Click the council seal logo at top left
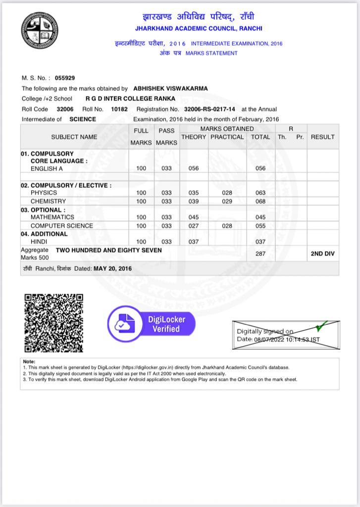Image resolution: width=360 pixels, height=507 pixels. pos(40,30)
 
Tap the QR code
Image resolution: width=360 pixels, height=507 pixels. pos(54,323)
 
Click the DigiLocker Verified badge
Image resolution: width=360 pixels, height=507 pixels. pos(152,324)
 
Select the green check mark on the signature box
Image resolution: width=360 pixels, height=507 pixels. pos(321,327)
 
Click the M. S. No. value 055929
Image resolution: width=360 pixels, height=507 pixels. pos(65,78)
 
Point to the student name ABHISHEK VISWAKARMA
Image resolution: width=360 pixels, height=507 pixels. pos(170,89)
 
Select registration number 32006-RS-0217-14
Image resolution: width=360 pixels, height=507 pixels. pos(209,109)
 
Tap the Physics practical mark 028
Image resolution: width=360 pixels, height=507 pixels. pos(227,193)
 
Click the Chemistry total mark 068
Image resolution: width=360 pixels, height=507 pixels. pos(260,202)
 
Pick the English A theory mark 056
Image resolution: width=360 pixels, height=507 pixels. pos(194,168)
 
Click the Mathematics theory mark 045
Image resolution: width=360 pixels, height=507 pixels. pos(194,217)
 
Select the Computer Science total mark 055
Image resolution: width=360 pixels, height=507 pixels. pos(260,226)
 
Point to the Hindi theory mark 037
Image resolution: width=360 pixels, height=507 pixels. pos(194,242)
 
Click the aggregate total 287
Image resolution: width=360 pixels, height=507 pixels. pos(260,253)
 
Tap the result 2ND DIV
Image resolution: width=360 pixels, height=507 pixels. pos(322,253)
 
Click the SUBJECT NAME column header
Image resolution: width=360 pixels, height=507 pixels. pos(74,137)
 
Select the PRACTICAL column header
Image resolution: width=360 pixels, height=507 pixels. pos(227,137)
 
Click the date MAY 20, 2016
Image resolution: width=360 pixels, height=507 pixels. pos(112,268)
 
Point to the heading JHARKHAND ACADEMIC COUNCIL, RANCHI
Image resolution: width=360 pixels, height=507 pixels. pos(199,29)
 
